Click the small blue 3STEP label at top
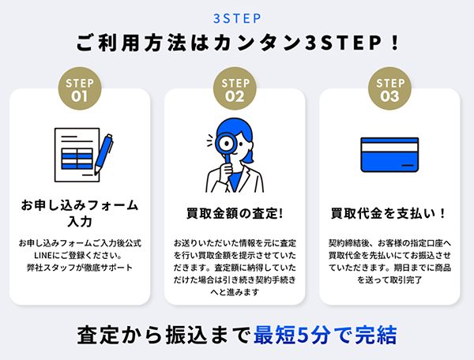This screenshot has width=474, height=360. coord(237,17)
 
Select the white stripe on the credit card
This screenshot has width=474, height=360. coord(389,154)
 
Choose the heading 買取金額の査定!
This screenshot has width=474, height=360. coord(235,214)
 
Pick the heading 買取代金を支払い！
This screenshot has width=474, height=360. coord(389,214)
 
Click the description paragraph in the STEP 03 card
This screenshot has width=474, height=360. coord(389,261)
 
